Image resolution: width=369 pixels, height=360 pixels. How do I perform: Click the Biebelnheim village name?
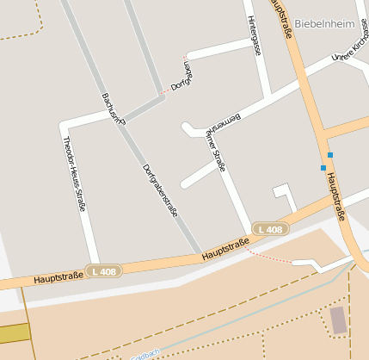pyautogui.click(x=323, y=23)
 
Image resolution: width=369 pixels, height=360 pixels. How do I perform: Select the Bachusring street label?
pyautogui.click(x=114, y=108)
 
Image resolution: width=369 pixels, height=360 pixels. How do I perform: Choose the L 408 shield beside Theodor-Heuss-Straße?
pyautogui.click(x=104, y=271)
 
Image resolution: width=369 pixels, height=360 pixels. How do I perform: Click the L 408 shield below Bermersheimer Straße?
pyautogui.click(x=270, y=229)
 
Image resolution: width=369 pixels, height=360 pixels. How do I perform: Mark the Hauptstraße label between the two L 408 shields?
pyautogui.click(x=225, y=250)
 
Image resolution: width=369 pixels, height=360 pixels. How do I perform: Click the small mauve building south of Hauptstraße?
pyautogui.click(x=339, y=320)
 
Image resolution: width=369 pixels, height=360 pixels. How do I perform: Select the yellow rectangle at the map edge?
pyautogui.click(x=13, y=334)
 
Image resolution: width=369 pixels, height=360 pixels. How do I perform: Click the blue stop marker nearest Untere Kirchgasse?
pyautogui.click(x=329, y=155)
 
